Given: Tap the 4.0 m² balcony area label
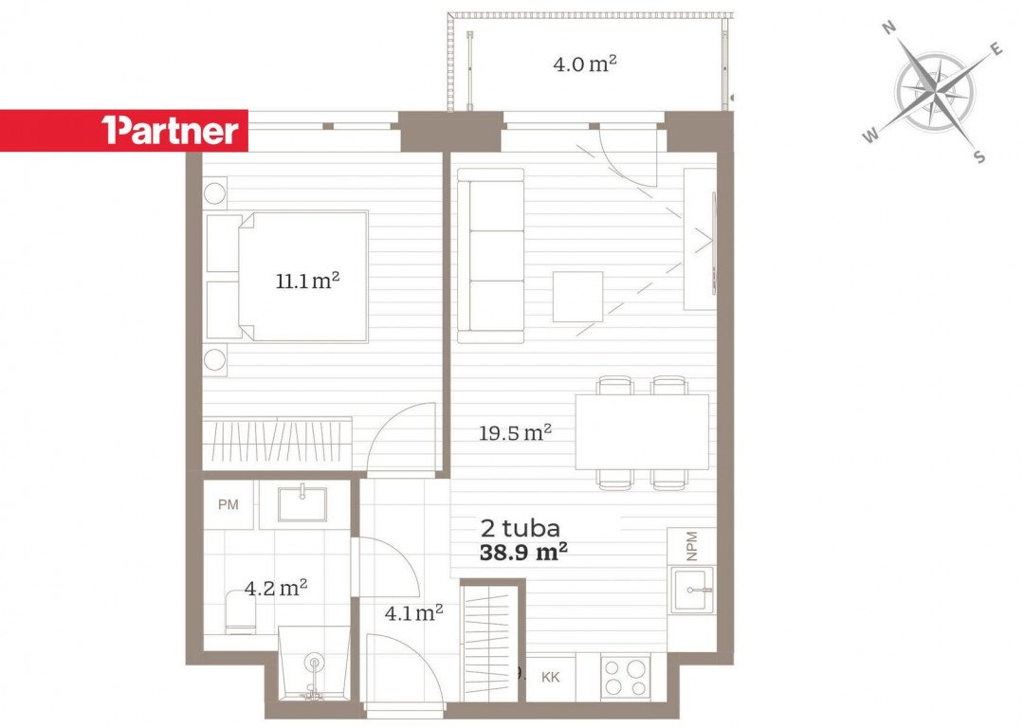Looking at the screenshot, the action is click(x=585, y=64).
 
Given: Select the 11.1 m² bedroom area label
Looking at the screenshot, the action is click(x=307, y=281).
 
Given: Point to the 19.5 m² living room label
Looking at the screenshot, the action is click(x=515, y=432).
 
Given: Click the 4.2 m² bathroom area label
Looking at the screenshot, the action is click(x=276, y=589).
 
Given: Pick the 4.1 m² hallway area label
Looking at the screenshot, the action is click(x=414, y=612).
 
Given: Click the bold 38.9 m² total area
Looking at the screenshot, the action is click(x=523, y=553).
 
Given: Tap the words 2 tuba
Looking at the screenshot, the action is click(x=520, y=528).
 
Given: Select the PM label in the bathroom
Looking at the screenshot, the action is click(x=228, y=504).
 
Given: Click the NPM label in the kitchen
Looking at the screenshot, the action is click(x=692, y=545).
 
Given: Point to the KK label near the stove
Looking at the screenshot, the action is click(x=551, y=677).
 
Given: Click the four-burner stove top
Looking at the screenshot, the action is click(x=625, y=677).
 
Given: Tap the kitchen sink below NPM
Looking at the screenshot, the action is click(x=693, y=591).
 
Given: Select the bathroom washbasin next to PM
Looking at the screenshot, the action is click(x=302, y=504).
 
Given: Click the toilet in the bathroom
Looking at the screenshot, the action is click(x=240, y=611).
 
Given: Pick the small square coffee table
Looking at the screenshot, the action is click(x=578, y=297).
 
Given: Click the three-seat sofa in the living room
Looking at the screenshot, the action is click(x=490, y=256).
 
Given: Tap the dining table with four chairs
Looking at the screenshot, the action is click(x=642, y=431).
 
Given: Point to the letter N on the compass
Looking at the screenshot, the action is click(x=888, y=27).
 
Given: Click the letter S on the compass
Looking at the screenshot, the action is click(x=978, y=156).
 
